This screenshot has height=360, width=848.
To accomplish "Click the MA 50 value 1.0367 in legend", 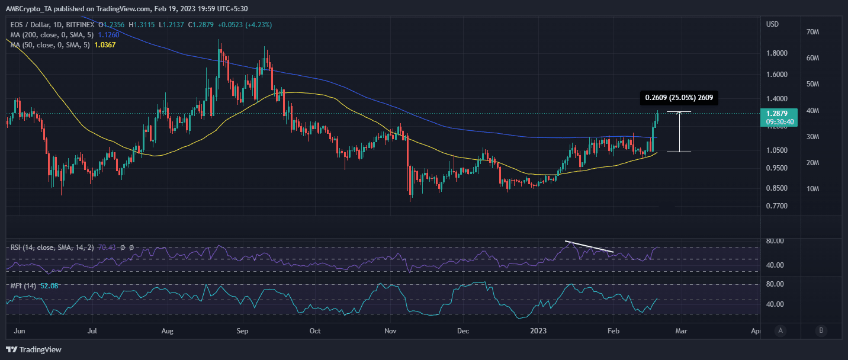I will (x=102, y=45).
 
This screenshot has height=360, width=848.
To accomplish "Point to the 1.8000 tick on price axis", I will (x=777, y=53).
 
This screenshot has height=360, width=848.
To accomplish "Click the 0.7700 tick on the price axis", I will (x=777, y=206).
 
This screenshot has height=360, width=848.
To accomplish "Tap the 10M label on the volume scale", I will (x=812, y=189).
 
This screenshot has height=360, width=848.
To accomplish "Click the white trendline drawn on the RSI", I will (x=589, y=247).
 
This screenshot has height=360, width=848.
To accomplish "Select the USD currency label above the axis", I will (x=772, y=24).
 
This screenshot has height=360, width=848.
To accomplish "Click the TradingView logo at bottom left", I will (x=34, y=349).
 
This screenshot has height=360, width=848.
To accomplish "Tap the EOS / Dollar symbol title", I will (x=31, y=25).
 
